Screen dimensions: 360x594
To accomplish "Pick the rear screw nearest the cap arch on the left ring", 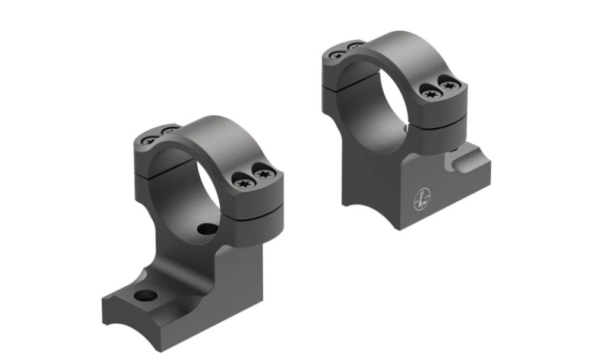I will point(168,131).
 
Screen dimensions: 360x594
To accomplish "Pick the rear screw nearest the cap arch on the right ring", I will point(354,45).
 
